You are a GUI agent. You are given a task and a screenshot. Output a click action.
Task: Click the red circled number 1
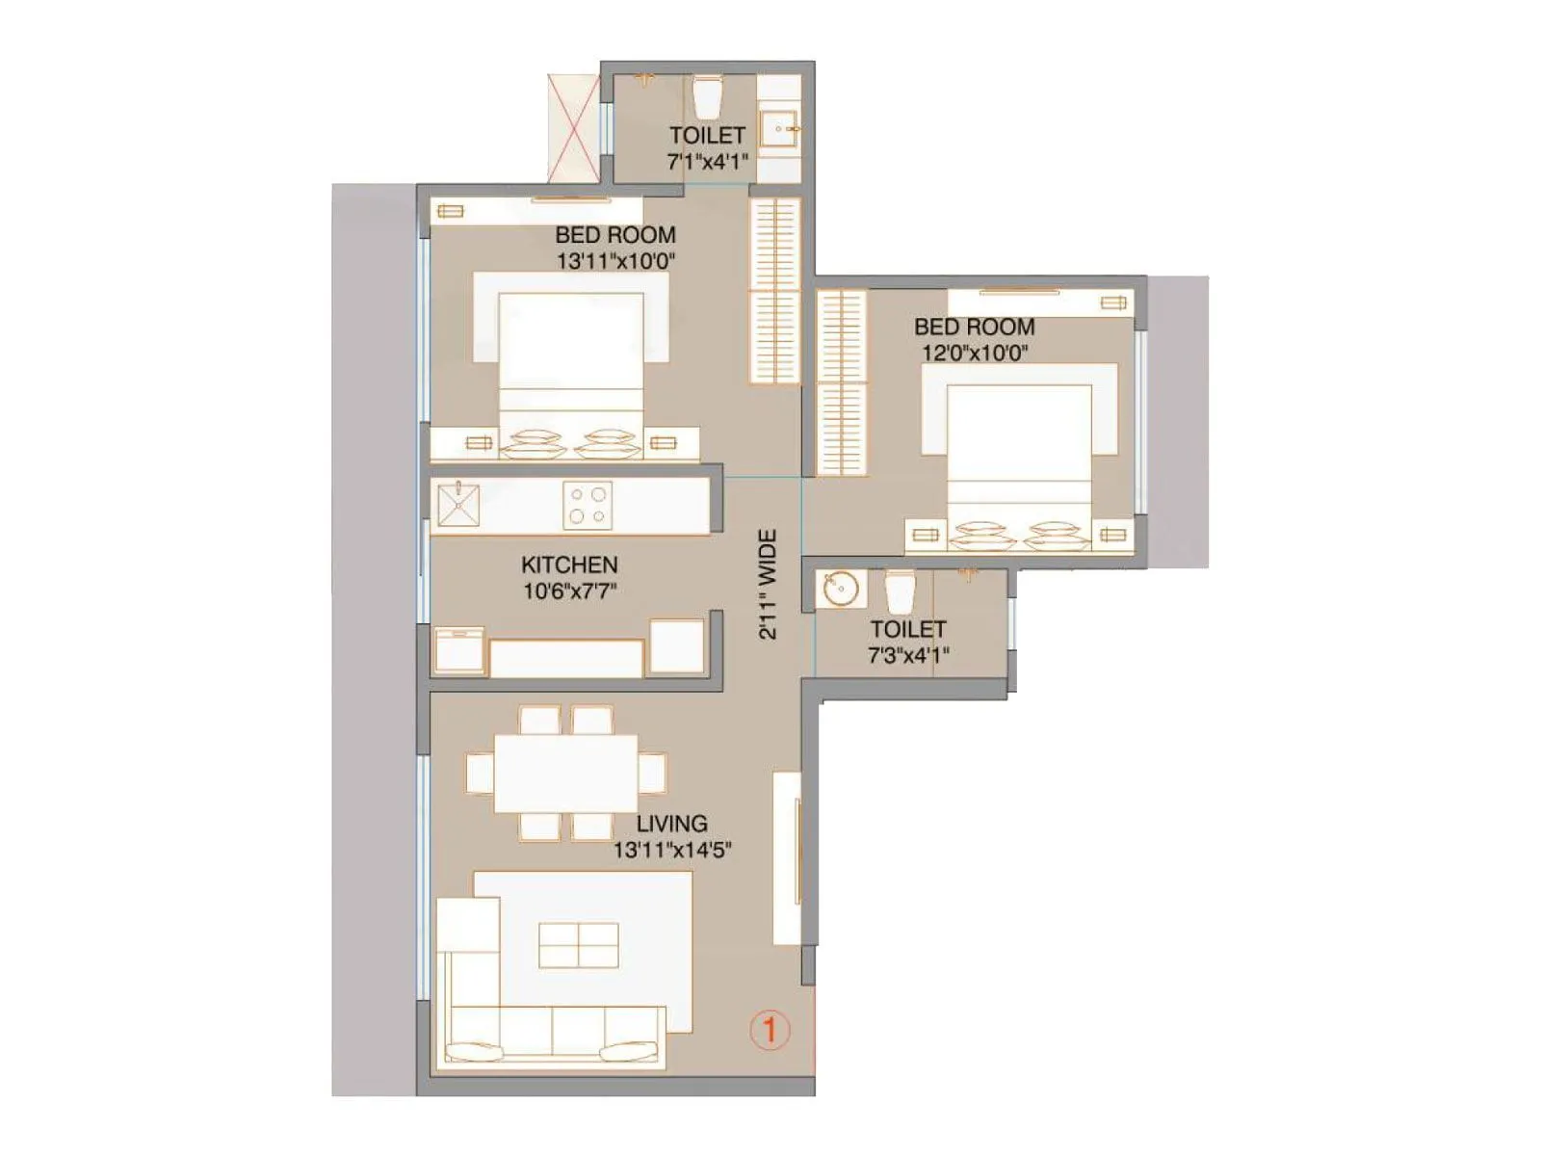(770, 1030)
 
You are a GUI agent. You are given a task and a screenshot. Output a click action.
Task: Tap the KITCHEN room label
(569, 565)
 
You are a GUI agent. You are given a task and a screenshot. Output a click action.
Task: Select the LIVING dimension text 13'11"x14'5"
(672, 850)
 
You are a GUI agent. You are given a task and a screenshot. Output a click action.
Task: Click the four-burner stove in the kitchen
(588, 506)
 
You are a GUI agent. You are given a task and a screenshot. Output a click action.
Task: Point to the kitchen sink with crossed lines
(458, 505)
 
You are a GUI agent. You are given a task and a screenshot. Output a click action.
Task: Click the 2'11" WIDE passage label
(767, 584)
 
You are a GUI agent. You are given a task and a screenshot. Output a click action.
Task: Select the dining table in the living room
(565, 773)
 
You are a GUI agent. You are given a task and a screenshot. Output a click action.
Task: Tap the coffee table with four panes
(578, 944)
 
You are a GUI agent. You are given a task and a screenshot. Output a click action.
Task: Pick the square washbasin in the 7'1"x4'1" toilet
(778, 128)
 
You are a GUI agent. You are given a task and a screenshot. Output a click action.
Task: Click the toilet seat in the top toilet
(707, 95)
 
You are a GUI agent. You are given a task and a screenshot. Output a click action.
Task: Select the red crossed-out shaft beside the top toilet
(574, 127)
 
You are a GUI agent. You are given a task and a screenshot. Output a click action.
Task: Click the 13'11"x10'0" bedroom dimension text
(615, 261)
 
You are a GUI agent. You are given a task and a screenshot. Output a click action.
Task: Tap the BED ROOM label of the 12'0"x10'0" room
(974, 328)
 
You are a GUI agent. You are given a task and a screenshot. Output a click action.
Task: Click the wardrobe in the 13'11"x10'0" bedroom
(775, 291)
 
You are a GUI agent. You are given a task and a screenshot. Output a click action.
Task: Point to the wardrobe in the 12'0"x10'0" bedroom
(841, 382)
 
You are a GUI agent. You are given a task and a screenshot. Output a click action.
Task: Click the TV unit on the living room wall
(787, 857)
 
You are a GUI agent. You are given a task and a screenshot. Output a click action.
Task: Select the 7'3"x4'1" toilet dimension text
(908, 655)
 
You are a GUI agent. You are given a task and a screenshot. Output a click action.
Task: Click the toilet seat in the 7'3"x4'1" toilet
(900, 591)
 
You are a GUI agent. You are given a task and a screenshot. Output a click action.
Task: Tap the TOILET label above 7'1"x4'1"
(707, 136)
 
